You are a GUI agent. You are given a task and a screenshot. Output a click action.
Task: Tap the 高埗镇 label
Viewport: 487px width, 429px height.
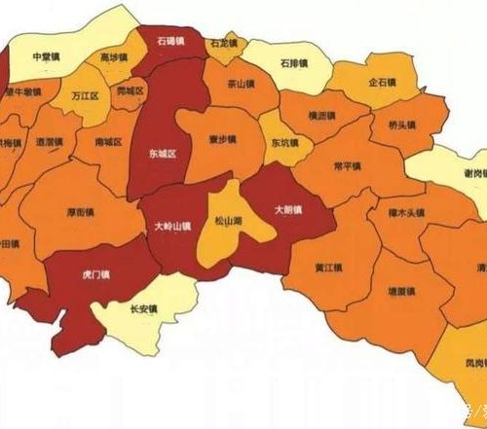[x=114, y=57]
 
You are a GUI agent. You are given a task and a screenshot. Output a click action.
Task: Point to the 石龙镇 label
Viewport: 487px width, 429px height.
[x=222, y=44]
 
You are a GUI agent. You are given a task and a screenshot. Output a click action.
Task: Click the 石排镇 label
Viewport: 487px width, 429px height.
[x=292, y=63]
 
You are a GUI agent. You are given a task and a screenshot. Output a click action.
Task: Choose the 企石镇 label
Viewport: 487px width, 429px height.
[x=382, y=83]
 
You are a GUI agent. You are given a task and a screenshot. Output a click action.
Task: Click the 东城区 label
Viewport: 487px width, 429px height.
[x=162, y=154]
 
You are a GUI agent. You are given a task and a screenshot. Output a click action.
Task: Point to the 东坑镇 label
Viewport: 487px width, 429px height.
[x=285, y=144]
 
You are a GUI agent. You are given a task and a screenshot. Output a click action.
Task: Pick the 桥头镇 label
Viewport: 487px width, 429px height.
[x=402, y=125]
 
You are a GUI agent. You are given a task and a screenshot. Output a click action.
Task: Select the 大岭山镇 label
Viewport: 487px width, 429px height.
[x=172, y=225]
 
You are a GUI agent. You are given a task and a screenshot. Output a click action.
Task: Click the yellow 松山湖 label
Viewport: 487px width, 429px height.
[x=227, y=223]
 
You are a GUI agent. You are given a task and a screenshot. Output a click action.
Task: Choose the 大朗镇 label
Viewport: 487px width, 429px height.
[x=287, y=209]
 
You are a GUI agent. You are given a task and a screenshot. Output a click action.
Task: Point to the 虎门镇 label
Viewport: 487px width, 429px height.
[x=95, y=275]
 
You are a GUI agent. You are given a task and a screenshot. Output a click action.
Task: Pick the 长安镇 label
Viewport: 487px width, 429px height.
[x=145, y=310]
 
